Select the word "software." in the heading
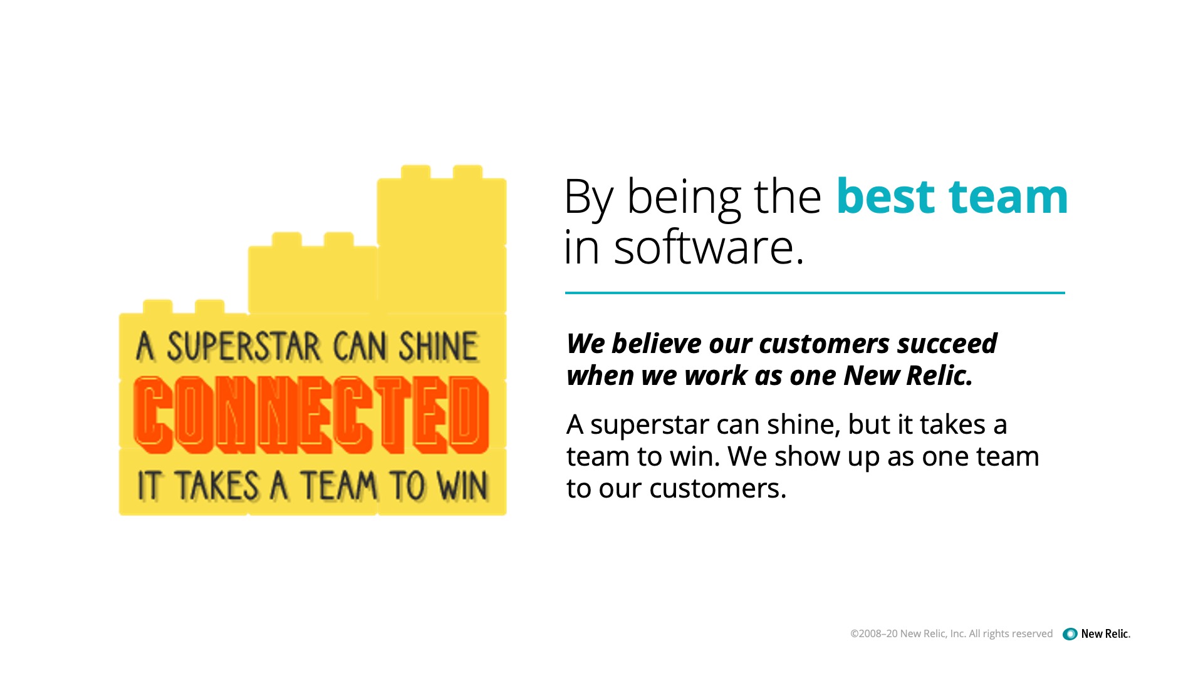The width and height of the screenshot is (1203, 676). (709, 247)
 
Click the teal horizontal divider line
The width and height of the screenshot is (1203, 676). (815, 292)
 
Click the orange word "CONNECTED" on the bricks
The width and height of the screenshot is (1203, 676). (311, 415)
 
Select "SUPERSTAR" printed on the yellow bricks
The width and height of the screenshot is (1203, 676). (244, 347)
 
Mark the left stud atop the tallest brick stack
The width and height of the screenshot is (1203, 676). (415, 172)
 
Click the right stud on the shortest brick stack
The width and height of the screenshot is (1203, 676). (209, 307)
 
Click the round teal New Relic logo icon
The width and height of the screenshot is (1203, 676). (1070, 634)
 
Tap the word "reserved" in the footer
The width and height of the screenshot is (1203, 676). (1032, 633)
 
